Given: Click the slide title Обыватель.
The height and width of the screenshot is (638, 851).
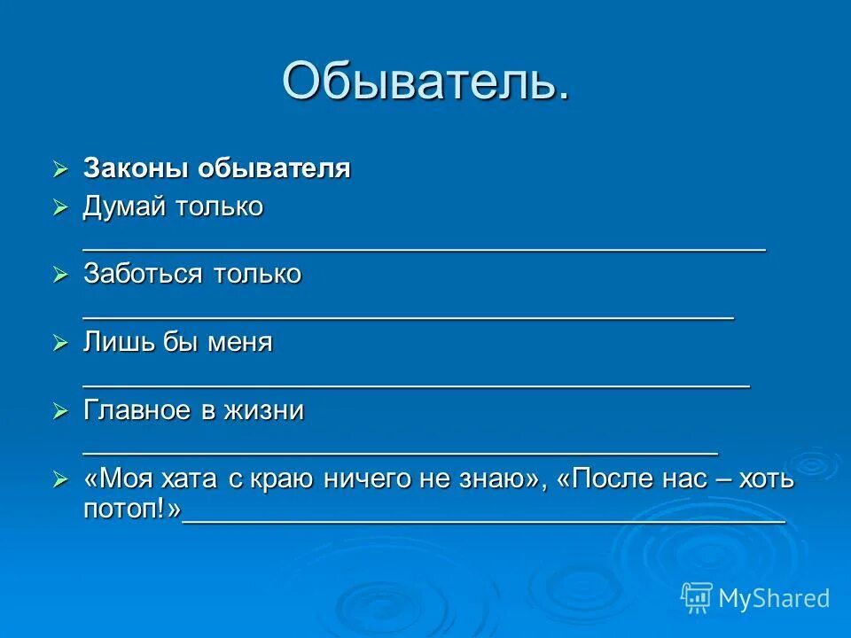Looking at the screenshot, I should coord(425,81).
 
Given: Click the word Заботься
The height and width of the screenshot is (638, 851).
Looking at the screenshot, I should coord(143,274).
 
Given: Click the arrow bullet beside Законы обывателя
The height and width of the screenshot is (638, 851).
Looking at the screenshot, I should coord(60,168).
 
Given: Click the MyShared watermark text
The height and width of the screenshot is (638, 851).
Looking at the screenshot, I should coord(774,598).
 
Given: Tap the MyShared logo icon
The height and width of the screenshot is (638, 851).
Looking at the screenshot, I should coord(697,598).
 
